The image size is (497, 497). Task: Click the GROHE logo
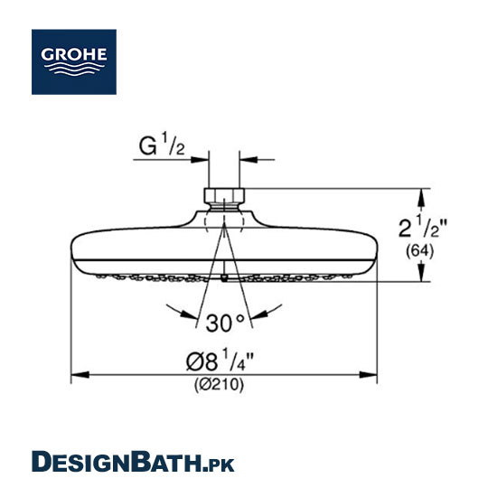click(x=74, y=61)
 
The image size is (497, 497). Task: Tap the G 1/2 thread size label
click(x=162, y=145)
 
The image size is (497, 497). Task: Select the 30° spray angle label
click(x=225, y=323)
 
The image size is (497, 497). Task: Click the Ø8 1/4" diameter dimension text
click(x=220, y=360)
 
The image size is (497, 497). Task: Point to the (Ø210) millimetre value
click(x=220, y=385)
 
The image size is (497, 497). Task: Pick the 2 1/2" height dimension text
click(x=423, y=226)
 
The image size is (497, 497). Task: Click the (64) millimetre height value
click(x=419, y=251)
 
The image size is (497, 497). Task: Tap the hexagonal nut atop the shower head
click(x=224, y=196)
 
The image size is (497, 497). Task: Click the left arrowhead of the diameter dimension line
click(x=80, y=375)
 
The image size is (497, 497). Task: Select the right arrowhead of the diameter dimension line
click(x=368, y=375)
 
